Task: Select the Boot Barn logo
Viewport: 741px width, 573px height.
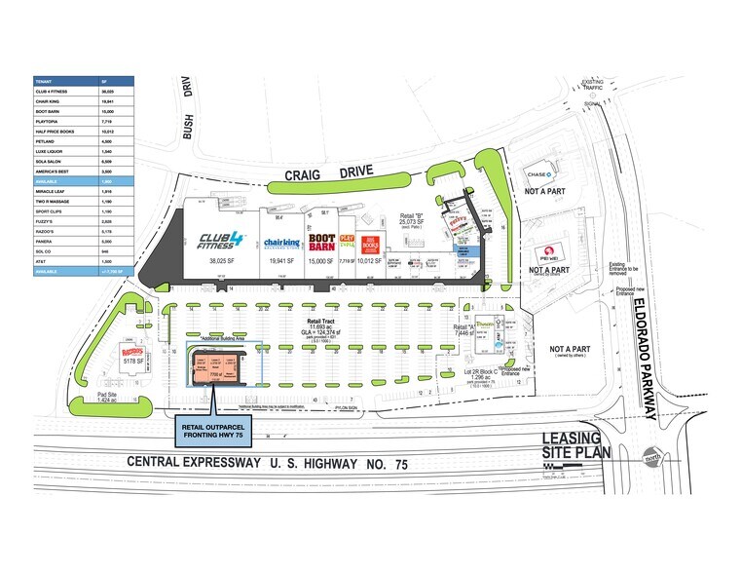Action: pyautogui.click(x=321, y=242)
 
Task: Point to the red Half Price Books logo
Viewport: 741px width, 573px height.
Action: pyautogui.click(x=369, y=244)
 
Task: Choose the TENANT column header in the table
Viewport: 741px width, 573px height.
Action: pyautogui.click(x=43, y=81)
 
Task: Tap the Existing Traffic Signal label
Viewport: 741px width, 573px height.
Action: pyautogui.click(x=594, y=91)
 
